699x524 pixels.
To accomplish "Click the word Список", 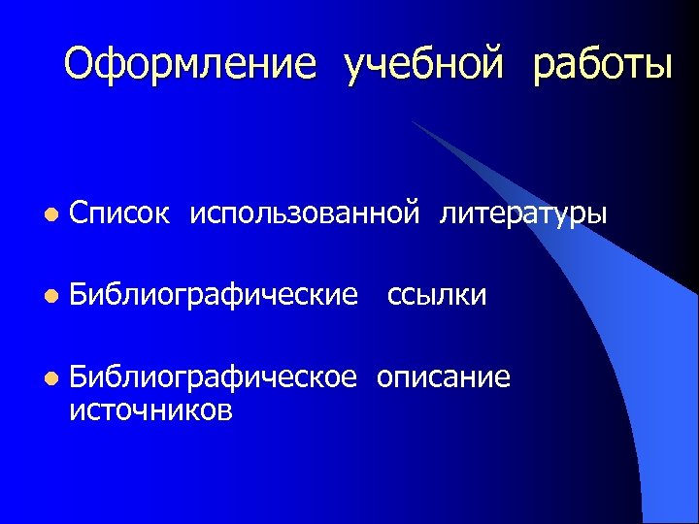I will (x=119, y=212).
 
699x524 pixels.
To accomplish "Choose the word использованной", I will (x=306, y=212).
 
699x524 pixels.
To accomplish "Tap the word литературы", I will (x=523, y=213).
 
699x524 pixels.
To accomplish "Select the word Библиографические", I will (x=214, y=294).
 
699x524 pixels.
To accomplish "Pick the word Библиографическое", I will (x=214, y=377).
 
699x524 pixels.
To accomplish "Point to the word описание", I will (x=443, y=377).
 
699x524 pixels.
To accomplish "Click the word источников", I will (x=150, y=410).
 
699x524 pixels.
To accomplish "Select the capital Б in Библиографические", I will (x=79, y=294).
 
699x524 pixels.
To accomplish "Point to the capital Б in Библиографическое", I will (x=79, y=377).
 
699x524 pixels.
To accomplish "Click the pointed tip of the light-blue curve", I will (x=412, y=122).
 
